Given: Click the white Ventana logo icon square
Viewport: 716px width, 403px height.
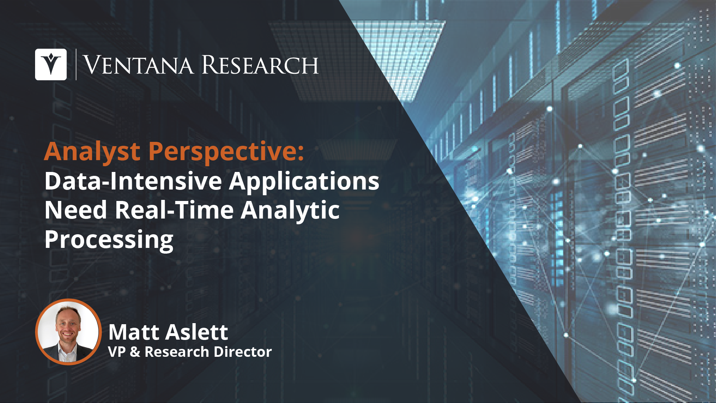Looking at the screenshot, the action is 51,64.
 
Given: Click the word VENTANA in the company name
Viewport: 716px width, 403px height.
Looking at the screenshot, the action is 138,65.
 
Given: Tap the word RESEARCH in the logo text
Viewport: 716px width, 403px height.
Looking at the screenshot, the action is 260,65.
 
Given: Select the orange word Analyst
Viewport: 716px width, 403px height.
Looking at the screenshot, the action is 92,152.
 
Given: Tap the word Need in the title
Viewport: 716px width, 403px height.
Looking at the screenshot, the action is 76,210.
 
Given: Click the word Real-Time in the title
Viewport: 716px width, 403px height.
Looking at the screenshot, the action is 174,210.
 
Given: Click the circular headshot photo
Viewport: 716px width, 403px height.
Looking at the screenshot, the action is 68,332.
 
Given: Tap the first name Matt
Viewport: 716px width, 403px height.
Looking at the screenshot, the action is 134,332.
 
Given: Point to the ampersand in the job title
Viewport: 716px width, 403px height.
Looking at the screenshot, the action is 135,352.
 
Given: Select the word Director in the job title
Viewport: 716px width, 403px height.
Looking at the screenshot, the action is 246,352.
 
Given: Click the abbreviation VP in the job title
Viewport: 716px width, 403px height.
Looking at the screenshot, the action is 117,352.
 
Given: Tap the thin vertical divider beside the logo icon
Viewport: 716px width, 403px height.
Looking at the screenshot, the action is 76,64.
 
